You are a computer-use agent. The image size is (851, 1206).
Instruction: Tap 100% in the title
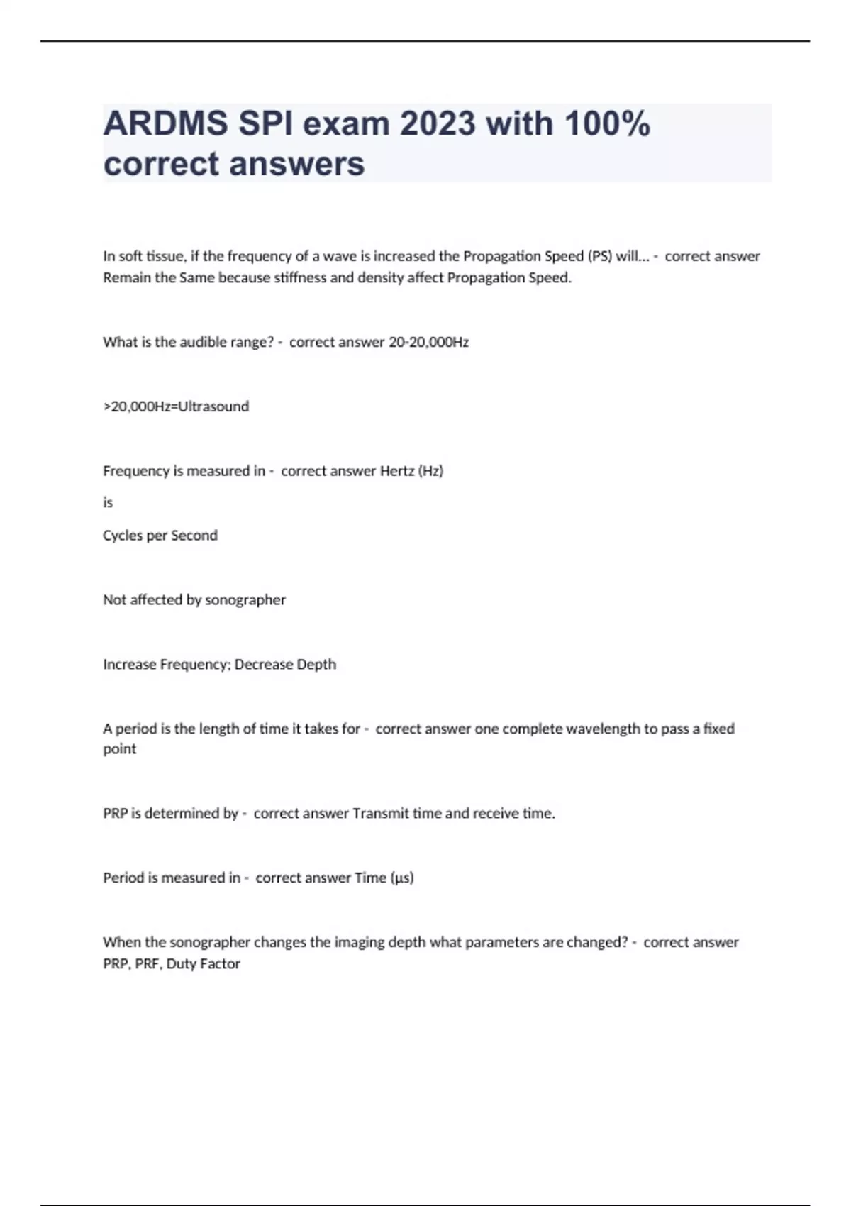point(608,124)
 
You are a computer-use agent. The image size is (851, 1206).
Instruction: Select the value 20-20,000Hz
point(428,342)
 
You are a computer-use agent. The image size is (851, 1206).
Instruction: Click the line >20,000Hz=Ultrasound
point(176,406)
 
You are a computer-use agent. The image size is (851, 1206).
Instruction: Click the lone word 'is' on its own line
point(108,502)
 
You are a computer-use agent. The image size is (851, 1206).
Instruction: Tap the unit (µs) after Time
point(402,878)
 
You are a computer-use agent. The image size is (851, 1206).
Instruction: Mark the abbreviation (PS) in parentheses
point(600,256)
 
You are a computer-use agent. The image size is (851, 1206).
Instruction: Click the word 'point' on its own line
point(119,749)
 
